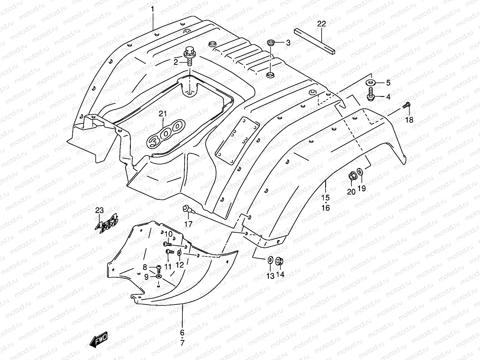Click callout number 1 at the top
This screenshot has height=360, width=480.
152,9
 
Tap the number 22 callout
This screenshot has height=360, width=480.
321,24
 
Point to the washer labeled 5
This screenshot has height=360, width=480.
371,82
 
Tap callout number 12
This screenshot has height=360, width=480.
179,265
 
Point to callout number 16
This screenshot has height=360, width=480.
326,208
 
